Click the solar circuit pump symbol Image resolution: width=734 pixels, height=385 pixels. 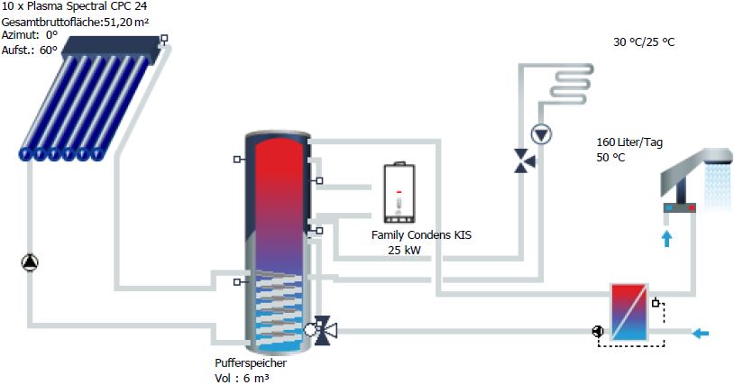pyautogui.click(x=30, y=262)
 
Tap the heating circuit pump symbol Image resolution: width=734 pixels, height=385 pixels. pyautogui.click(x=540, y=135)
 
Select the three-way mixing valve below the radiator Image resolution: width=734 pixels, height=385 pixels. pyautogui.click(x=522, y=161)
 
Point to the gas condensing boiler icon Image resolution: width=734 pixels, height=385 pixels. pyautogui.click(x=398, y=193)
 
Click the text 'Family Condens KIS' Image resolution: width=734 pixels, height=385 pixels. pyautogui.click(x=421, y=235)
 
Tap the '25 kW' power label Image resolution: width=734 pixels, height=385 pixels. pyautogui.click(x=404, y=249)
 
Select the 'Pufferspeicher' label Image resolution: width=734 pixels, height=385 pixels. pyautogui.click(x=251, y=363)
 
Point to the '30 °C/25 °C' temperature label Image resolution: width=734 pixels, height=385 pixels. pyautogui.click(x=644, y=42)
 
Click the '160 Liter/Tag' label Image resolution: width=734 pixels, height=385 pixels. pyautogui.click(x=629, y=142)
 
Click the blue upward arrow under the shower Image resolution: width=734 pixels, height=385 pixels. pyautogui.click(x=666, y=238)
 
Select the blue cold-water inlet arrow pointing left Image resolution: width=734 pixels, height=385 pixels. pyautogui.click(x=700, y=333)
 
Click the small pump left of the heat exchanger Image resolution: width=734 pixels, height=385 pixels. pyautogui.click(x=597, y=331)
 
